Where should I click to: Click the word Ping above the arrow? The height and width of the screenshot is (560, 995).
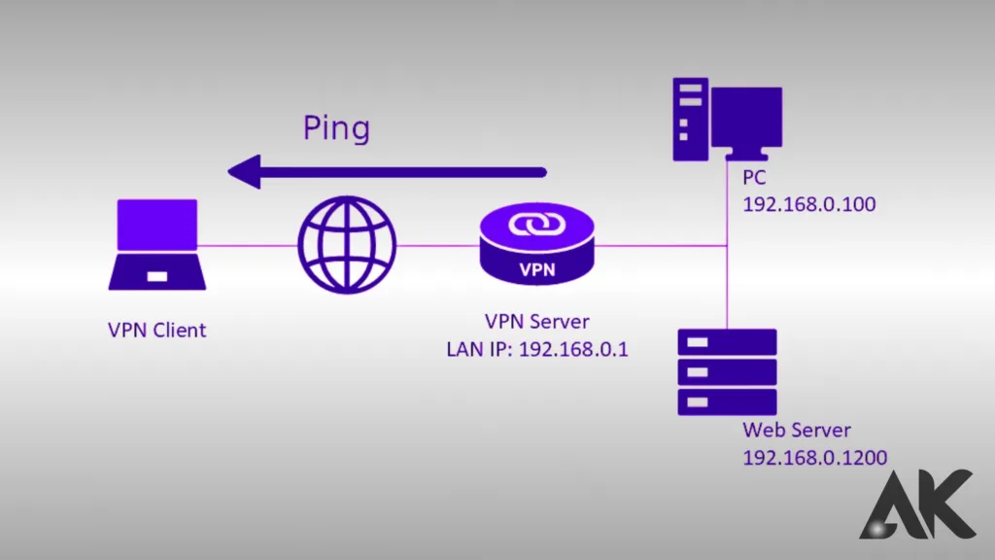pos(336,128)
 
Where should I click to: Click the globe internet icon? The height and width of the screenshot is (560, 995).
pos(347,243)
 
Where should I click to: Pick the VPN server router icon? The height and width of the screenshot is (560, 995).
pos(537,247)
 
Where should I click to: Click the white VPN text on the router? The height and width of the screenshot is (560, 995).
pos(537,269)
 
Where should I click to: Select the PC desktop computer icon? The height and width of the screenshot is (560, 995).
pos(727,121)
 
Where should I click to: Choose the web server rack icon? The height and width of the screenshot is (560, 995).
pos(728,372)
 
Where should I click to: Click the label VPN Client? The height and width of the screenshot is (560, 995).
pos(156,330)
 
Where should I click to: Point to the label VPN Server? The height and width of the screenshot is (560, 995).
pos(537,322)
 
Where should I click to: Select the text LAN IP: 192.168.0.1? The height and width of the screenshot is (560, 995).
pos(537,347)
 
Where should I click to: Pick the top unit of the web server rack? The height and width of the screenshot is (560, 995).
pos(728,342)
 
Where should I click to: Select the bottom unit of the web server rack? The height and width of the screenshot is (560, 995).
pos(728,402)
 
